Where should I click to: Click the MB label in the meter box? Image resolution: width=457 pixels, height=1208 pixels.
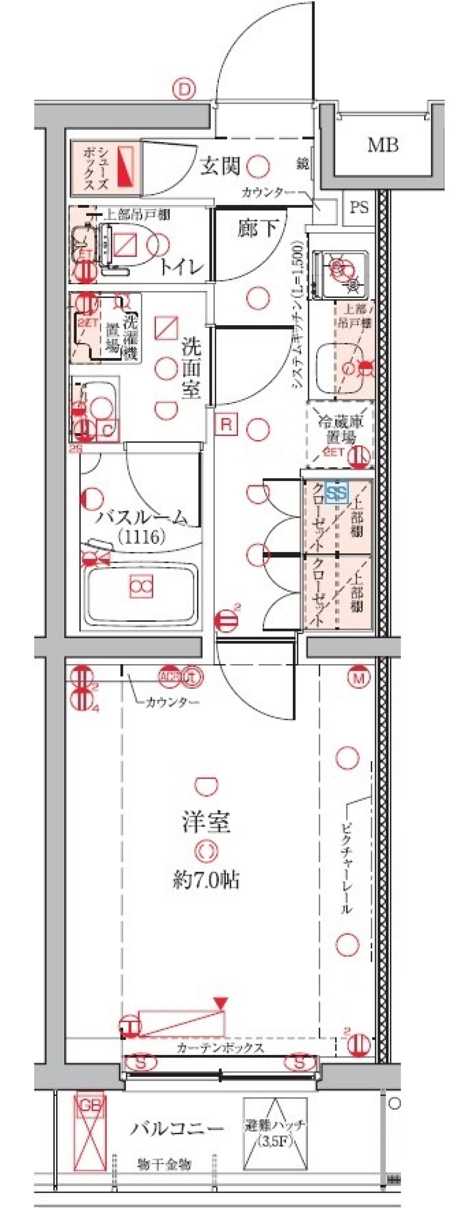coord(382,145)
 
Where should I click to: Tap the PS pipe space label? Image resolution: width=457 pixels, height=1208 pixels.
coord(359,208)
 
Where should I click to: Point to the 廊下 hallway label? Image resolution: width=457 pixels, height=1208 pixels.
coord(257,229)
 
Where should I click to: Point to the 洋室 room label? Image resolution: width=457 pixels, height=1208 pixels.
coord(206,821)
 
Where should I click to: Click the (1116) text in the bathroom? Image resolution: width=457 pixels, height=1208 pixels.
coord(141,537)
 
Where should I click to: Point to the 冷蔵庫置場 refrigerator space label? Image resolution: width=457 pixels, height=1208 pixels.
coord(340,428)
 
